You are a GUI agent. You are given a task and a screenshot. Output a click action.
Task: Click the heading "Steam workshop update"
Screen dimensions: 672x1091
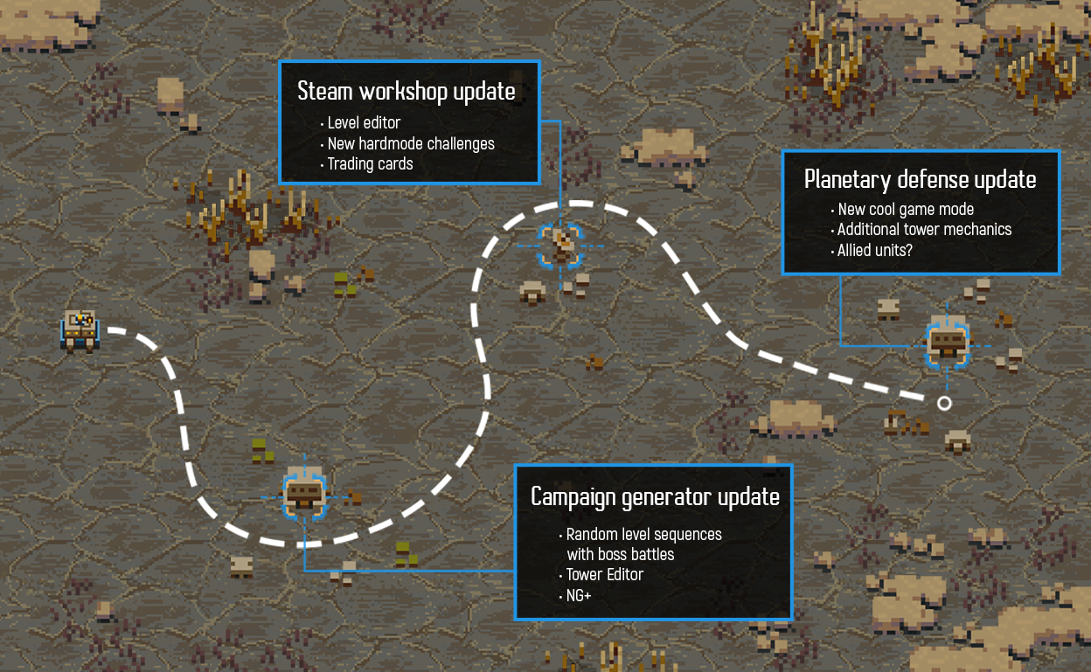coord(406,92)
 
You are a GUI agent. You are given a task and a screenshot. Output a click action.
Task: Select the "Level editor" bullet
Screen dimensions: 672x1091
coord(364,123)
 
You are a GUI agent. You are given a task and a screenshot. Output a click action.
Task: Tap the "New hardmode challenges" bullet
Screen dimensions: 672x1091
coord(411,143)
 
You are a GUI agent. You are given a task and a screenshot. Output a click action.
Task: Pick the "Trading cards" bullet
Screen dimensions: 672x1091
coord(370,163)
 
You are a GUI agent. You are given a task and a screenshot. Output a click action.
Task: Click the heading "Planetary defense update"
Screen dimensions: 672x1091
coord(920,180)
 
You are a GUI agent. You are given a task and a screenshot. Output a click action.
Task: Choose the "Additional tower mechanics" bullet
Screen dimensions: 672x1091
coord(924,230)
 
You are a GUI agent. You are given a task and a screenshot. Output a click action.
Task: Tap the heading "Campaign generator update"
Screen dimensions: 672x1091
coord(655,497)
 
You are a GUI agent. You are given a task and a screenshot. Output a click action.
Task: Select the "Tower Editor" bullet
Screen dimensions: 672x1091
coord(604,574)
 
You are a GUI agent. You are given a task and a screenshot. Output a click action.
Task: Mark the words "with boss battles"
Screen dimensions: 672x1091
coord(620,554)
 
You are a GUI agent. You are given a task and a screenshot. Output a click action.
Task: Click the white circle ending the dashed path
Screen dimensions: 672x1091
coord(944,403)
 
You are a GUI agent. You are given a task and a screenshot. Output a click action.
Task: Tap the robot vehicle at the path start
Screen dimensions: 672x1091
coord(80,329)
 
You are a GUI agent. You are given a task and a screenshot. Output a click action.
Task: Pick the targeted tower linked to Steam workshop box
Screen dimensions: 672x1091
coord(559,244)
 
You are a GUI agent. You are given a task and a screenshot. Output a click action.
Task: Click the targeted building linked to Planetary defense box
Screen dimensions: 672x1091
coord(948,343)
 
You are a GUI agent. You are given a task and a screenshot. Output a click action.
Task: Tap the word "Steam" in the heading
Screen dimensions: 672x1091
coord(323,92)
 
